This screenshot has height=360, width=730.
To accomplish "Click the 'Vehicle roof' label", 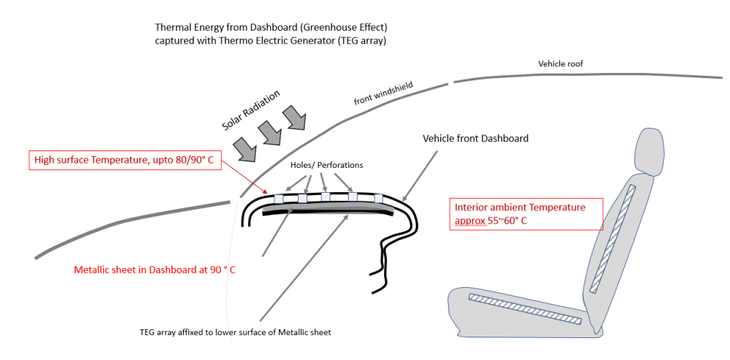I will pyautogui.click(x=561, y=64).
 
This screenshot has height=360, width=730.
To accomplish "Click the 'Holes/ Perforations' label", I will pyautogui.click(x=327, y=165).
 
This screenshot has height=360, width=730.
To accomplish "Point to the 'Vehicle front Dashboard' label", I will pyautogui.click(x=475, y=138).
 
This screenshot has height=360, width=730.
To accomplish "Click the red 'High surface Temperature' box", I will pyautogui.click(x=126, y=159).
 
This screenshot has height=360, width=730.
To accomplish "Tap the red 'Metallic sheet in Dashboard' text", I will pyautogui.click(x=155, y=270).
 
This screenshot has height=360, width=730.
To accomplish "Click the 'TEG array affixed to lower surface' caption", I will pyautogui.click(x=235, y=333).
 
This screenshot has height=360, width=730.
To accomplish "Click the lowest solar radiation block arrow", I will pyautogui.click(x=247, y=149).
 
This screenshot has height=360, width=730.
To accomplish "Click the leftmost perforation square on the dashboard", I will pyautogui.click(x=278, y=199).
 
